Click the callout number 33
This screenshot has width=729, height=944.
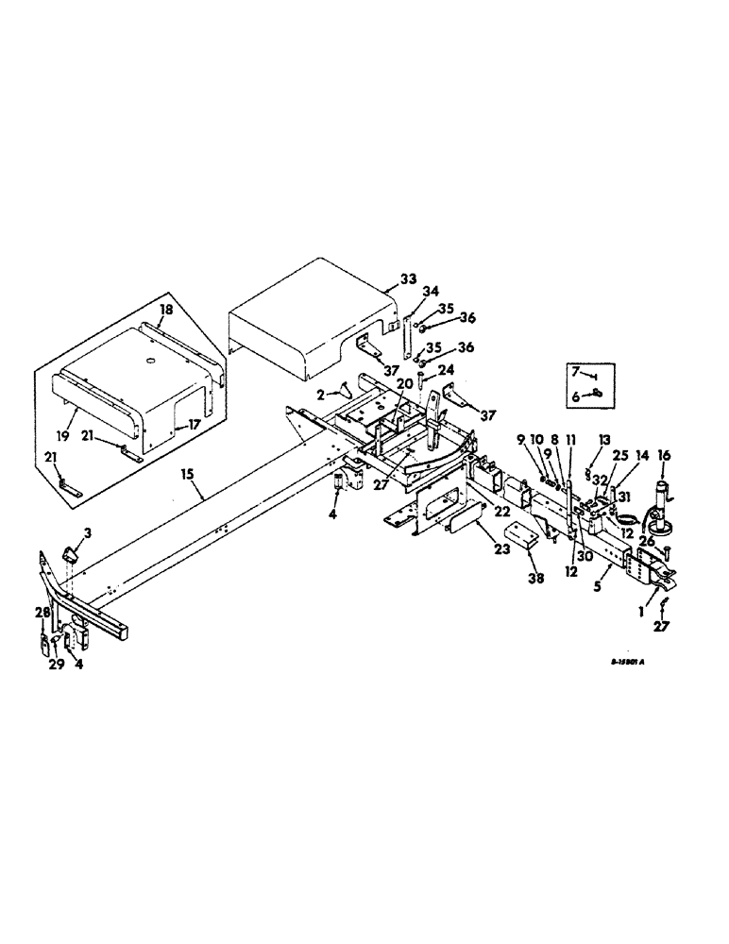coord(407,279)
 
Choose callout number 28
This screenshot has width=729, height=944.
coord(42,615)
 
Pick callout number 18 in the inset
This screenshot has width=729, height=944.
coord(166,310)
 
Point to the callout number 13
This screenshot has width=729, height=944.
coord(604,440)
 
